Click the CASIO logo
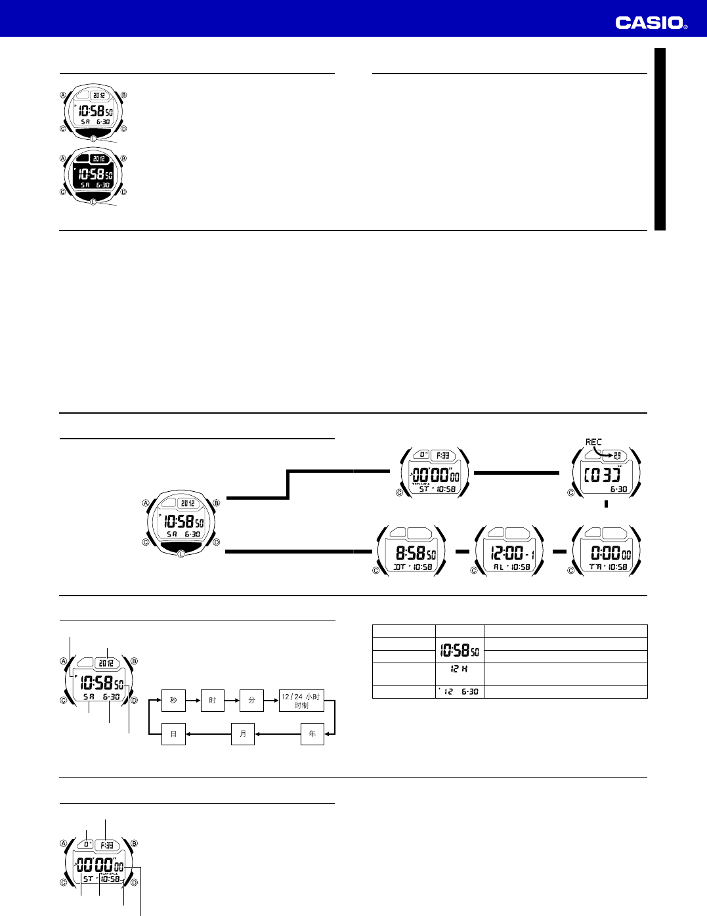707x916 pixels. pos(651,23)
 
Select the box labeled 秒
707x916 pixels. pos(173,701)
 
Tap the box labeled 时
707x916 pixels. pos(212,701)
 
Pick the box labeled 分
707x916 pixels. pos(251,701)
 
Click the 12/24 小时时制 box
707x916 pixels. pos(301,701)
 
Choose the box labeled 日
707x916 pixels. pos(173,734)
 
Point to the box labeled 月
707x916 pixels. pos(243,734)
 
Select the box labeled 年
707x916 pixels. pos(312,734)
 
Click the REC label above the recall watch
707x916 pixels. pos(593,443)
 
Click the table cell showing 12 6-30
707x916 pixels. pos(460,691)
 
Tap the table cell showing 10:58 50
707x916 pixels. pos(460,651)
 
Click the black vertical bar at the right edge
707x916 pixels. pos(660,139)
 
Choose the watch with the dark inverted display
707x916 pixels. pos(93,175)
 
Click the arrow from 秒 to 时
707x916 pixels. pos(193,701)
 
